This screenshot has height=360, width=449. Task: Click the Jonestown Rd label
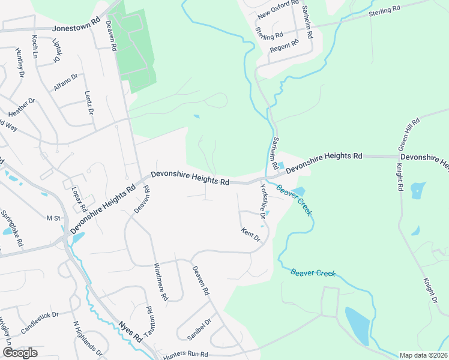click(76, 28)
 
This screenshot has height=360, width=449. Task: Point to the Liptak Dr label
click(57, 51)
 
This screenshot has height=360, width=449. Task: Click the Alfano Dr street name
click(66, 82)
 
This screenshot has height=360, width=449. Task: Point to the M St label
click(55, 218)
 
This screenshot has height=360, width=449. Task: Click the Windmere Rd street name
click(161, 281)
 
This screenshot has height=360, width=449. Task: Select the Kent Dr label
click(251, 235)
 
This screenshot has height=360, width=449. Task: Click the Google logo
click(20, 353)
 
